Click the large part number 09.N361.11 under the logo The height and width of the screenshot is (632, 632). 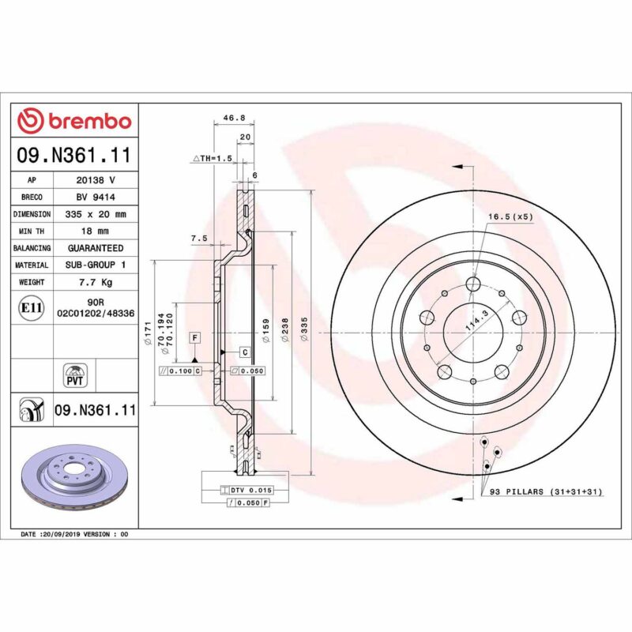point(73,155)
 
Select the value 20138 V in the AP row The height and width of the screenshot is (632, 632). point(96,180)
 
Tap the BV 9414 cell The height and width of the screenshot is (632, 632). point(96,197)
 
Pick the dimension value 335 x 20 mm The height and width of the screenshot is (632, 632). point(96,214)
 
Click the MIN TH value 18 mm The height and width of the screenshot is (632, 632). point(96,231)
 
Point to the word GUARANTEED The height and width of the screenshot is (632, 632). point(96,248)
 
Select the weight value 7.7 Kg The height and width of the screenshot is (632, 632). point(96,282)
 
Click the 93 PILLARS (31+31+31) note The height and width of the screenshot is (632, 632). point(545,492)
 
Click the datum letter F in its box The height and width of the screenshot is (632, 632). point(194,337)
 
